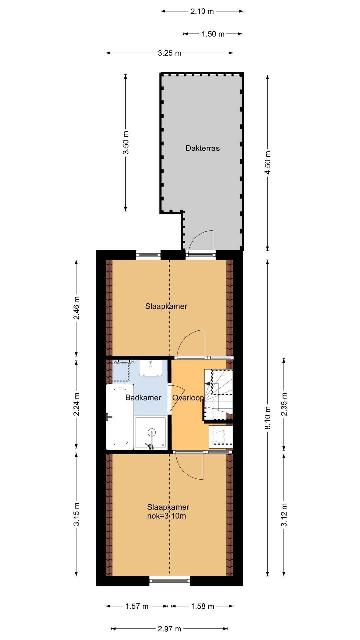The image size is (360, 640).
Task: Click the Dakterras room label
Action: click(x=202, y=148)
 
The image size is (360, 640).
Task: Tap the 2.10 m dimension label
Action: click(x=202, y=11)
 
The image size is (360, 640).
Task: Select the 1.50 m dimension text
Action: click(x=213, y=34)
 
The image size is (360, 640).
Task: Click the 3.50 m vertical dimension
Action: click(x=126, y=142)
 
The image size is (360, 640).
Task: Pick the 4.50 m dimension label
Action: click(x=268, y=162)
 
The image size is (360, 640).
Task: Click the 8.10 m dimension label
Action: click(x=268, y=418)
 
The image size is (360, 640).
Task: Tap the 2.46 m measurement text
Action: click(x=77, y=308)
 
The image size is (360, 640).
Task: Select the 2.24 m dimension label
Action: click(x=77, y=404)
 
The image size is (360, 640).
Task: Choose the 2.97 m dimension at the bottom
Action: click(x=169, y=629)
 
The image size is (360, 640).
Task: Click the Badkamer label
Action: click(x=143, y=398)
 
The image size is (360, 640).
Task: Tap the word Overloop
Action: click(x=188, y=398)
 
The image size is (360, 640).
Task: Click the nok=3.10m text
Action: click(x=166, y=516)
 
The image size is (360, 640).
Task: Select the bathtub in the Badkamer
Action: click(x=120, y=417)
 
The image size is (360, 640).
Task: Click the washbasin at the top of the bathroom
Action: click(x=151, y=368)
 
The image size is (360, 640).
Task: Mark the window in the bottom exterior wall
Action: click(x=170, y=581)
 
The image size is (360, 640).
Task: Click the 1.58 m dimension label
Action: click(x=202, y=606)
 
